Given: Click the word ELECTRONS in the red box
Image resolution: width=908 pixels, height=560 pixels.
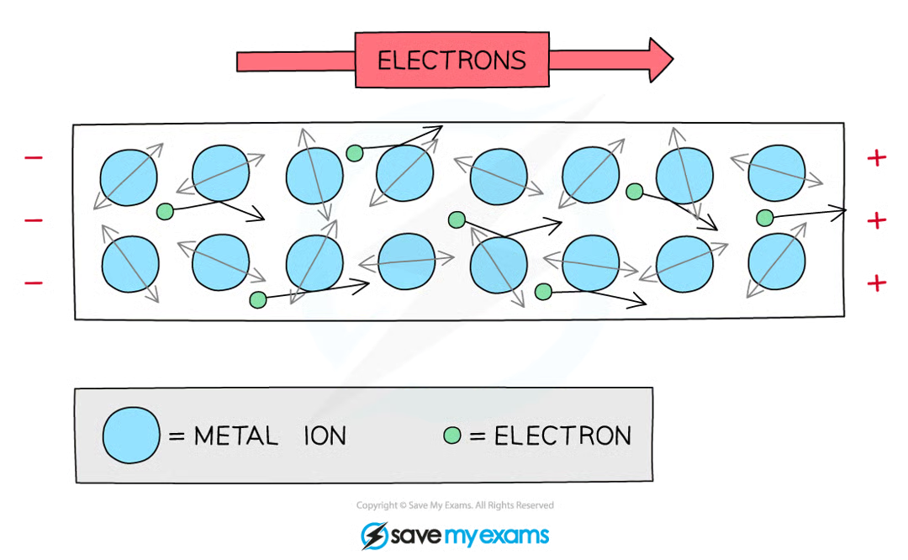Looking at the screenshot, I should point(451,61).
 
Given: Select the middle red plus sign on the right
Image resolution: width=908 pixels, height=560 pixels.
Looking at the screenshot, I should point(877,220).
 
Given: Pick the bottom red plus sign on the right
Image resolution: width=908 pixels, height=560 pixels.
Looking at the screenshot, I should point(877,283).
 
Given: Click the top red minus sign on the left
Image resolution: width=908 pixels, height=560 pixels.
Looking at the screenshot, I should point(34,156).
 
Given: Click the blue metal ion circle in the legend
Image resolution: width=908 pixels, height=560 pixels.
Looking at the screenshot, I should point(130,436).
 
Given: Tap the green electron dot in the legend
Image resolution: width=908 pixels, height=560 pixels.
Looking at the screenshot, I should point(453,436).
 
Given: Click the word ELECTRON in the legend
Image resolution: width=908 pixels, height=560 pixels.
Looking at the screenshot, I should point(562,436).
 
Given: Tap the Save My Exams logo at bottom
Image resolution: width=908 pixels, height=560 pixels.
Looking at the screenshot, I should point(455,535).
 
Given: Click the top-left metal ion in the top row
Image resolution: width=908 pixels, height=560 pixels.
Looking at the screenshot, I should point(129,177).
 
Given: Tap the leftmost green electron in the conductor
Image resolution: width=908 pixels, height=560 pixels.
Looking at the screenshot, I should point(165,211).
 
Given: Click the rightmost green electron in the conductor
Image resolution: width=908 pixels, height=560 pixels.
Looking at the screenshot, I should point(764,219).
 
